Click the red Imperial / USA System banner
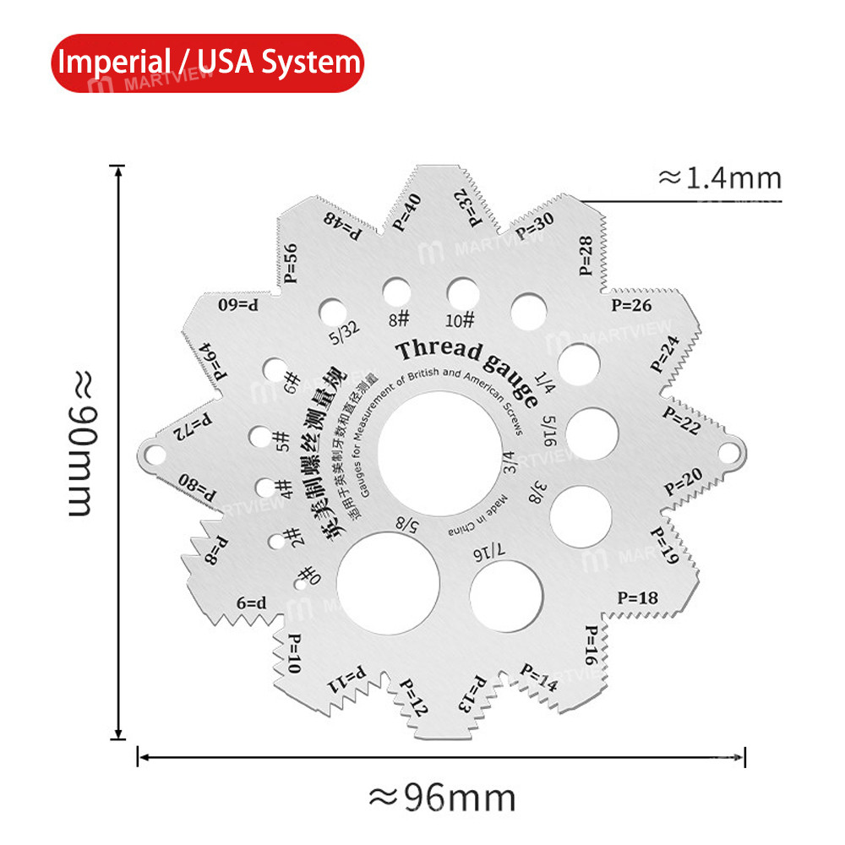(206, 63)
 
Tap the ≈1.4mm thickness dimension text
(719, 178)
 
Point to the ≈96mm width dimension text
(441, 796)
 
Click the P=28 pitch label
(586, 256)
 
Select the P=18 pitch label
(637, 597)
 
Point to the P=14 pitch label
(539, 678)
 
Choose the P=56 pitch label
(291, 263)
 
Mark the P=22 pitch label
(681, 420)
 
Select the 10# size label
(461, 320)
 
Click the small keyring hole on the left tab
(154, 454)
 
